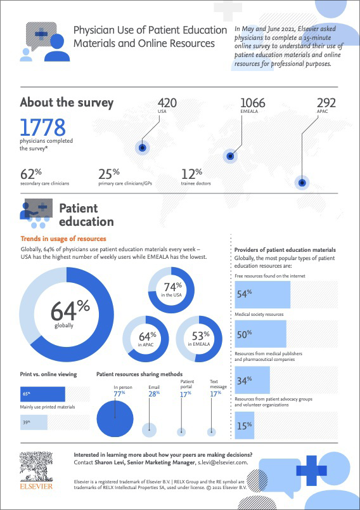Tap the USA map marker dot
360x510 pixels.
(x=143, y=148)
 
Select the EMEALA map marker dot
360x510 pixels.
(x=230, y=155)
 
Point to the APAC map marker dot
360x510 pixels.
(x=302, y=183)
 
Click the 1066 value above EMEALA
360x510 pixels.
(x=253, y=103)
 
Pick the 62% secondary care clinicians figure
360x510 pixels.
(x=31, y=174)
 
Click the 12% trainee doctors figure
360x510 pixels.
(x=191, y=174)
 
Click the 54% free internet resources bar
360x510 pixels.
(x=258, y=295)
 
